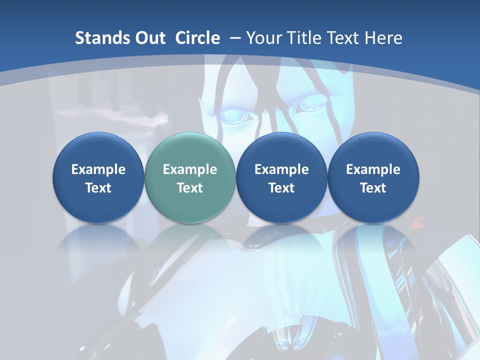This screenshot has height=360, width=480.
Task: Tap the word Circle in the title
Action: [x=197, y=38]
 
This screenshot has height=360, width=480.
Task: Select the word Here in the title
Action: [x=383, y=38]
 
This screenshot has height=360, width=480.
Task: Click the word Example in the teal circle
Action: [x=190, y=169]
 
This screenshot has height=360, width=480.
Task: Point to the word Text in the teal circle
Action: [x=190, y=188]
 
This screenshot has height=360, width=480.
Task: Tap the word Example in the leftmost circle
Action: [x=98, y=169]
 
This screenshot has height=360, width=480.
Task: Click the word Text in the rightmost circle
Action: [x=373, y=188]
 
